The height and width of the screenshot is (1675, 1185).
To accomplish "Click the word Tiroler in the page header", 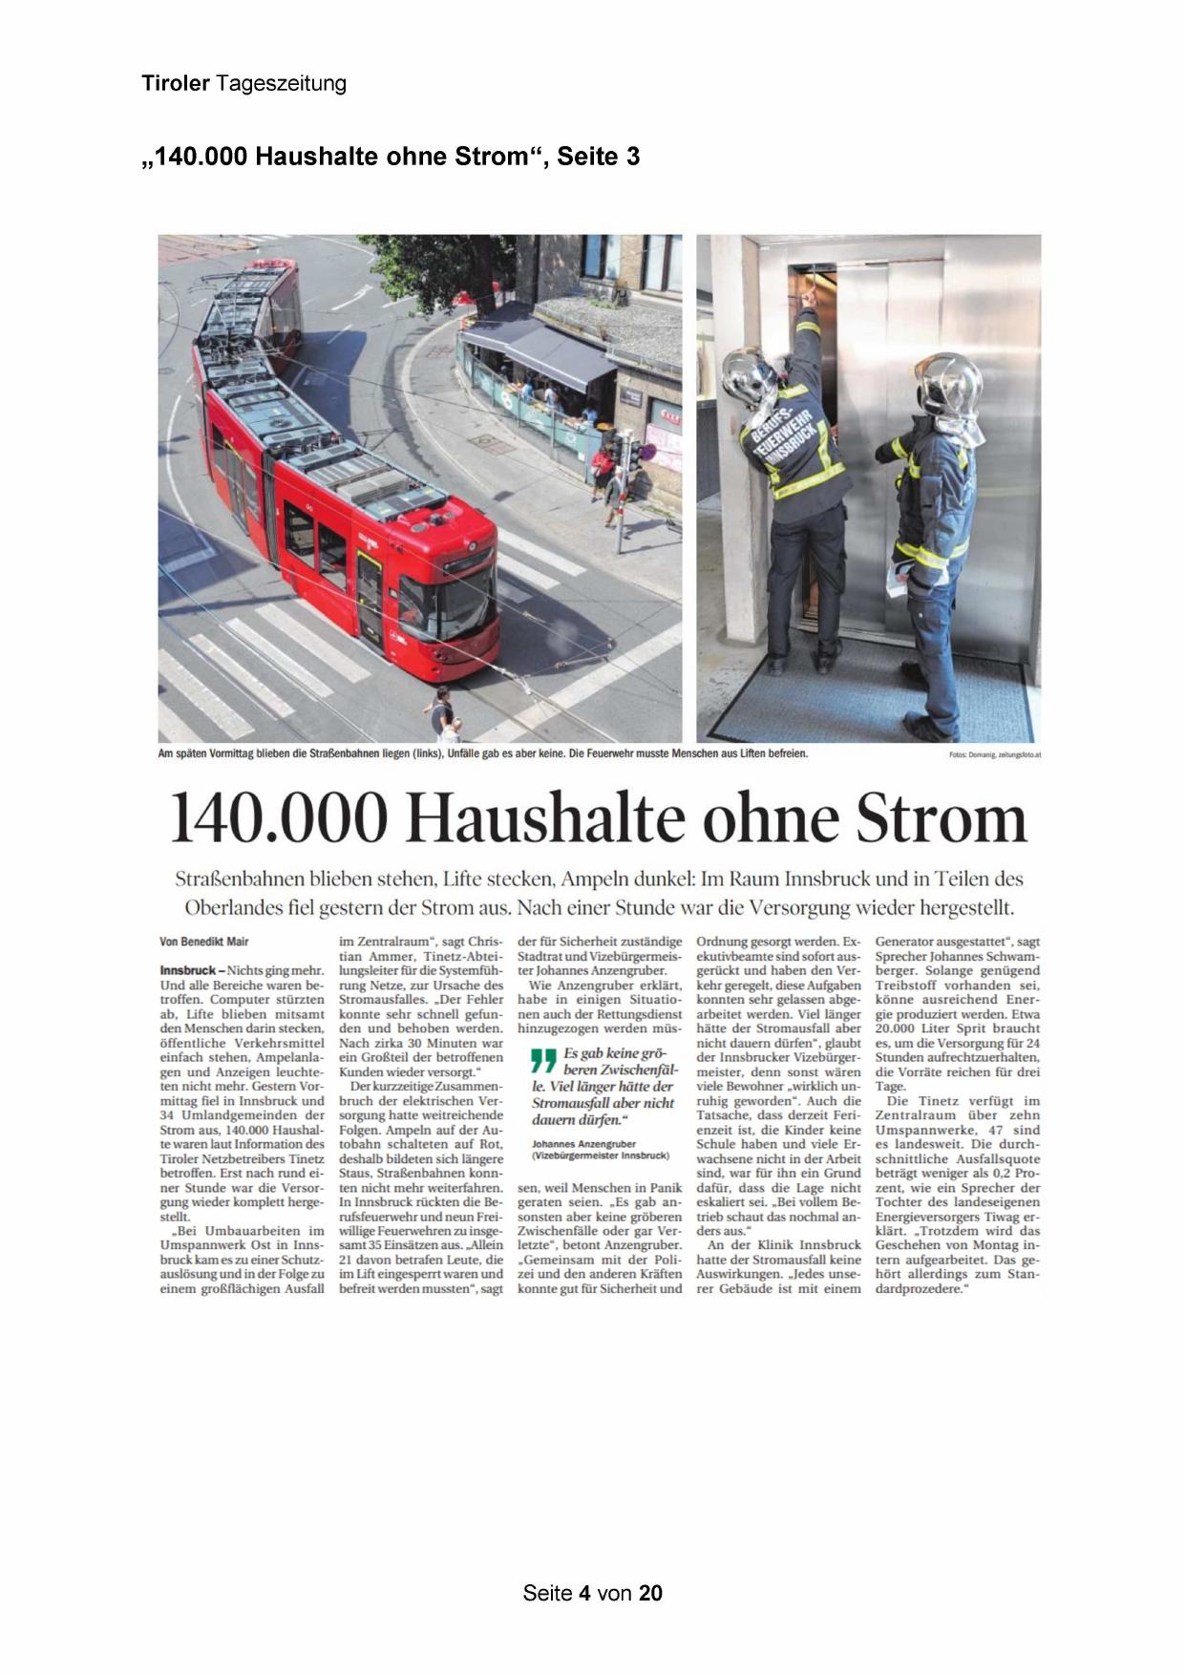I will pyautogui.click(x=176, y=84).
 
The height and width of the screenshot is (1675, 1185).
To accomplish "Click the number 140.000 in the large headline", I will pyautogui.click(x=280, y=819).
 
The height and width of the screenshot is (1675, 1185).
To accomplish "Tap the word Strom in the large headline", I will pyautogui.click(x=940, y=819).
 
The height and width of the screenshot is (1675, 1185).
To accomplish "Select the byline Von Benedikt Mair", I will pyautogui.click(x=204, y=942).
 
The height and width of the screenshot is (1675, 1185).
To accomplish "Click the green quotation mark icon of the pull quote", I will pyautogui.click(x=542, y=1061).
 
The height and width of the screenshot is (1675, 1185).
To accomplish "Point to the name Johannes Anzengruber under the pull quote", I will pyautogui.click(x=583, y=1143).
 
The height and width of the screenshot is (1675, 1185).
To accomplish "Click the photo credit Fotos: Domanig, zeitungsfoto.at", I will pyautogui.click(x=994, y=754).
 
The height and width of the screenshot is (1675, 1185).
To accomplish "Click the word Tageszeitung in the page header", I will pyautogui.click(x=281, y=84).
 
